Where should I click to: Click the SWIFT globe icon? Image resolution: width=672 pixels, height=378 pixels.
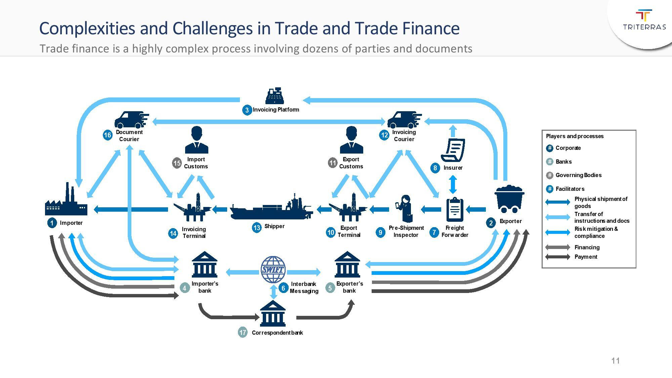coord(273,269)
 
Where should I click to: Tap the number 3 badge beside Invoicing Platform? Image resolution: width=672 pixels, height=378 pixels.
coord(247,110)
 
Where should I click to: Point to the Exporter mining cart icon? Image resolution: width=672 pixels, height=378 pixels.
coord(509,199)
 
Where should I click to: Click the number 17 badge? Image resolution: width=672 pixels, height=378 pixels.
coord(243,332)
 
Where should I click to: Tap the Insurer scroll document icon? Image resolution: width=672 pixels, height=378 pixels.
coord(453,150)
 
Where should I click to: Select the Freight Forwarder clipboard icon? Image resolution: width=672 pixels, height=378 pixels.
coord(455,209)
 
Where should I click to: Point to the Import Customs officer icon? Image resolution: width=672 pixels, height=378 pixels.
coord(197,140)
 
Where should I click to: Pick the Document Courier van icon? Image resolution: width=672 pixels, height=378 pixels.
coord(131,120)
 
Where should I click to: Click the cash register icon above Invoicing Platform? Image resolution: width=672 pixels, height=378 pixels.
coord(275,96)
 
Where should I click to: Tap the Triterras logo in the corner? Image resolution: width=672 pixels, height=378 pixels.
coord(644,20)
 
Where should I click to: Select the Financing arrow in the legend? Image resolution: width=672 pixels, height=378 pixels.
coord(558,247)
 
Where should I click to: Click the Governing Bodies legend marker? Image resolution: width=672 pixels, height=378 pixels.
coord(550,175)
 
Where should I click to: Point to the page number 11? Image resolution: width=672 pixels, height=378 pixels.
coord(616,361)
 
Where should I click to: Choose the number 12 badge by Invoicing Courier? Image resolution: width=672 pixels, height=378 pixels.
coord(384,135)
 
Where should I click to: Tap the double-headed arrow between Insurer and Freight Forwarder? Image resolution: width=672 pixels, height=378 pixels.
coord(453,184)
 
